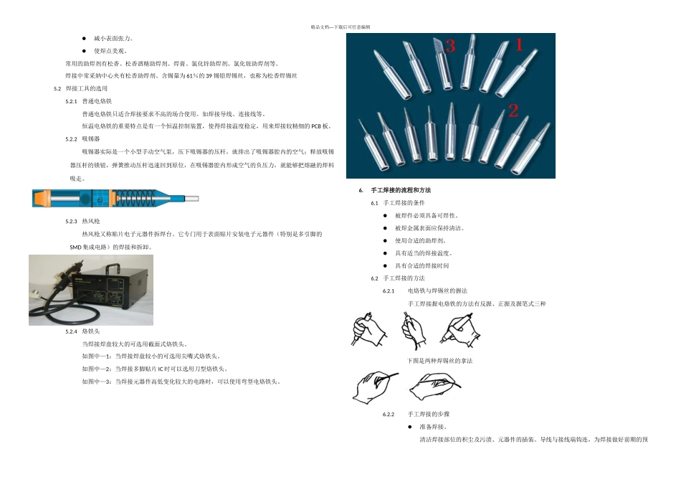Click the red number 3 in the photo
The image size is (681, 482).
tap(450, 47)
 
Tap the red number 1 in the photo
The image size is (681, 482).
tap(520, 45)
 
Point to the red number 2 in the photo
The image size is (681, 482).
tap(513, 110)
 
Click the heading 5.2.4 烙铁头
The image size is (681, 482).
tap(82, 331)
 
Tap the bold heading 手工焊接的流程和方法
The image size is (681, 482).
tap(401, 190)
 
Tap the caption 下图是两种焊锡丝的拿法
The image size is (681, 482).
tap(439, 360)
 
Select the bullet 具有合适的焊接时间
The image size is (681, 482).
tap(422, 265)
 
